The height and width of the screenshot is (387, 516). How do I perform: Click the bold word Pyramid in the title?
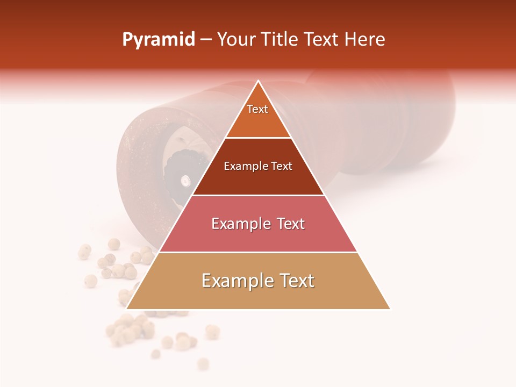point(159,40)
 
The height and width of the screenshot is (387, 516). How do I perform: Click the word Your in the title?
point(235,40)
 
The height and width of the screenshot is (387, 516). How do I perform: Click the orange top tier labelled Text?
point(258,116)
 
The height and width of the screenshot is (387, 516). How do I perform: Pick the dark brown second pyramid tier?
point(258,175)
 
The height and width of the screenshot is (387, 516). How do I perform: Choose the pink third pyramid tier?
point(258,231)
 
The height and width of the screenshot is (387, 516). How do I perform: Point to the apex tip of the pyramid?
point(259,81)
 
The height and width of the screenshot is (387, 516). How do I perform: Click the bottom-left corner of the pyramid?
point(127,309)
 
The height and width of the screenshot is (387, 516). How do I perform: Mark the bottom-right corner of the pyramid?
point(390,309)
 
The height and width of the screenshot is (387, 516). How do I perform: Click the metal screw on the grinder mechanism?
point(185,181)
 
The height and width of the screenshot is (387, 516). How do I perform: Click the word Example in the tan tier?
point(233,281)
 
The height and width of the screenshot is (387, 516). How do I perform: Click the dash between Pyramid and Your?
point(206,40)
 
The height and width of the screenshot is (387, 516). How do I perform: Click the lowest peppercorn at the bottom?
point(203,364)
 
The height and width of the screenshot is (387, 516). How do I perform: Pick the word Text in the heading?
point(322,40)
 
